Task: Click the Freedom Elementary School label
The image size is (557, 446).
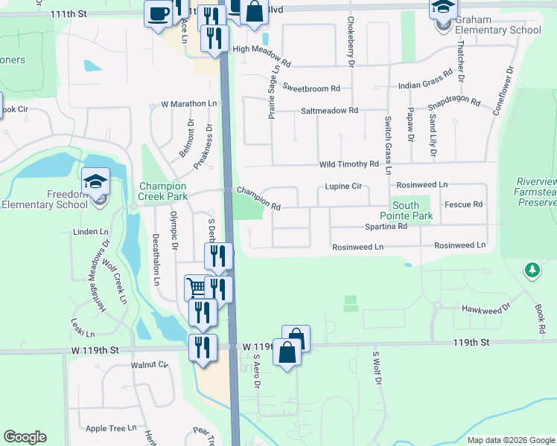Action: coord(45,199)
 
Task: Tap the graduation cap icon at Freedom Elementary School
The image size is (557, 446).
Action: coord(96,182)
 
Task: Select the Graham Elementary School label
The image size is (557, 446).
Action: coord(497,25)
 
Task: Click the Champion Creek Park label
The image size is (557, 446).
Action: coord(163,192)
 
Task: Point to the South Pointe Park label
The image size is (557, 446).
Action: coord(412,210)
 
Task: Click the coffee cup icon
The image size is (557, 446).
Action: coord(158,13)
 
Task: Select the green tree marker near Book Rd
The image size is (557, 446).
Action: coord(532,270)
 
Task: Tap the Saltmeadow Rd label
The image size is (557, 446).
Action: coord(329,110)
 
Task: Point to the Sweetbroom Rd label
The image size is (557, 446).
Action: coord(311,88)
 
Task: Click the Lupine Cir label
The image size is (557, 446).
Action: coord(343,187)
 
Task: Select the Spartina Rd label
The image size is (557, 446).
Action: coord(386,226)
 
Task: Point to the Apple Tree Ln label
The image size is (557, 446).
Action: coord(111,428)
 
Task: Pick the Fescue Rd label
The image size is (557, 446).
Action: coord(463,204)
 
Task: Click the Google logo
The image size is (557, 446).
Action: coord(25,437)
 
